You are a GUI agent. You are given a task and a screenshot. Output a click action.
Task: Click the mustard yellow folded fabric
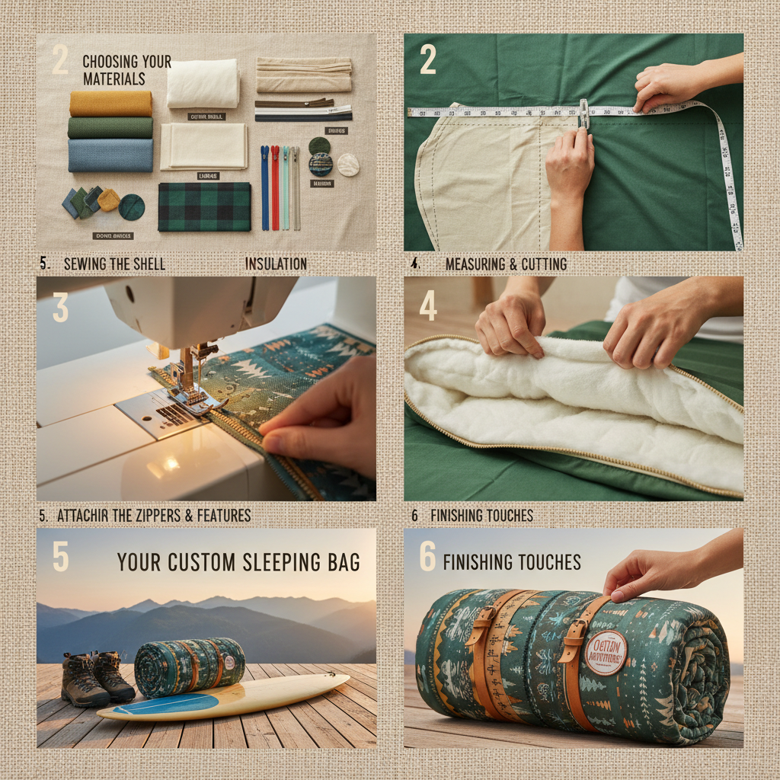[x=110, y=104]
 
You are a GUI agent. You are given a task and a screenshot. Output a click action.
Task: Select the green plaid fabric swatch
[x=204, y=206]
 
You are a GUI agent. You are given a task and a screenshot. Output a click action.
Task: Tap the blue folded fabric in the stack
[x=110, y=155]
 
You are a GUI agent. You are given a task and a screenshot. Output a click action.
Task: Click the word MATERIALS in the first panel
[x=113, y=78]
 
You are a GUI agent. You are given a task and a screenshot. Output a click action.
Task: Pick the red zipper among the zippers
[x=274, y=187]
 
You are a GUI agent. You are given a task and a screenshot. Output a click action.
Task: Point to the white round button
[x=348, y=165]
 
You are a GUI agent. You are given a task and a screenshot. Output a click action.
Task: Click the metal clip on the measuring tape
[x=583, y=113]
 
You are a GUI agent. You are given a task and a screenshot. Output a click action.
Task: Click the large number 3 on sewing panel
[x=60, y=308]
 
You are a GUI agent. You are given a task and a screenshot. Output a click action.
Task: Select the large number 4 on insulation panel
[x=428, y=306]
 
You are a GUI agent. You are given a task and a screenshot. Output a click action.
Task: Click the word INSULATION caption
[x=276, y=264]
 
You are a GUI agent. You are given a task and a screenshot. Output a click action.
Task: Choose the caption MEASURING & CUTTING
[x=506, y=264]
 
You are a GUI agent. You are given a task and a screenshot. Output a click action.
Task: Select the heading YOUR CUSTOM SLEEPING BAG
[x=238, y=563]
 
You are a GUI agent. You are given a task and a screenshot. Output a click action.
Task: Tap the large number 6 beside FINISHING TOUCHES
[x=427, y=559]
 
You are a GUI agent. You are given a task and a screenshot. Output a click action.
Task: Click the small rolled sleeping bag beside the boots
[x=190, y=667]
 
